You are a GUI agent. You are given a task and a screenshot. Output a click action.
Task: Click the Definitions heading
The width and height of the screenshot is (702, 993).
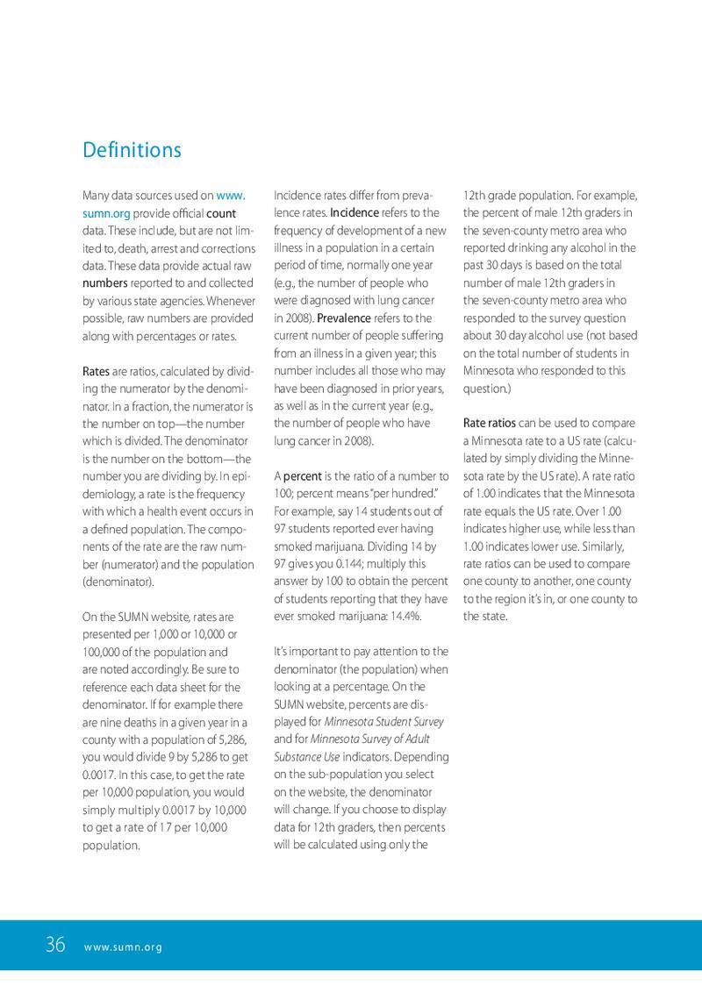pos(132,150)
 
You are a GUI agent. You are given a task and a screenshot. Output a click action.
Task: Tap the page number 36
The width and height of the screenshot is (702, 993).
pos(55,945)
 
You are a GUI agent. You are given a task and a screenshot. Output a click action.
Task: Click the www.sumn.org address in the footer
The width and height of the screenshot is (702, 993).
pos(124,947)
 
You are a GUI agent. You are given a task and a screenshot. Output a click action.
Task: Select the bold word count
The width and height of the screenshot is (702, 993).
pos(221,213)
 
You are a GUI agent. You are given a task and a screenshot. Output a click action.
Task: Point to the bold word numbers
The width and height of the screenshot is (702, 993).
pos(105,283)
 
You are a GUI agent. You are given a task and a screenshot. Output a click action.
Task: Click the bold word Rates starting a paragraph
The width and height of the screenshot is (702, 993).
pos(96,371)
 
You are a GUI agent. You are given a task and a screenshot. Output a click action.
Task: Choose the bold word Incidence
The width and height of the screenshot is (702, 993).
pos(355,213)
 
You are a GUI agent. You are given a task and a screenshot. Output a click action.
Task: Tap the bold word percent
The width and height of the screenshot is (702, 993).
pos(303,476)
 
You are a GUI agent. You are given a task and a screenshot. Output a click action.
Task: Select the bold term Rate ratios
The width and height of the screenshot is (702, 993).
pos(490,424)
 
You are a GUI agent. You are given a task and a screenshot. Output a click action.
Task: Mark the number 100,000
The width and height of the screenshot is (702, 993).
pos(104,652)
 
